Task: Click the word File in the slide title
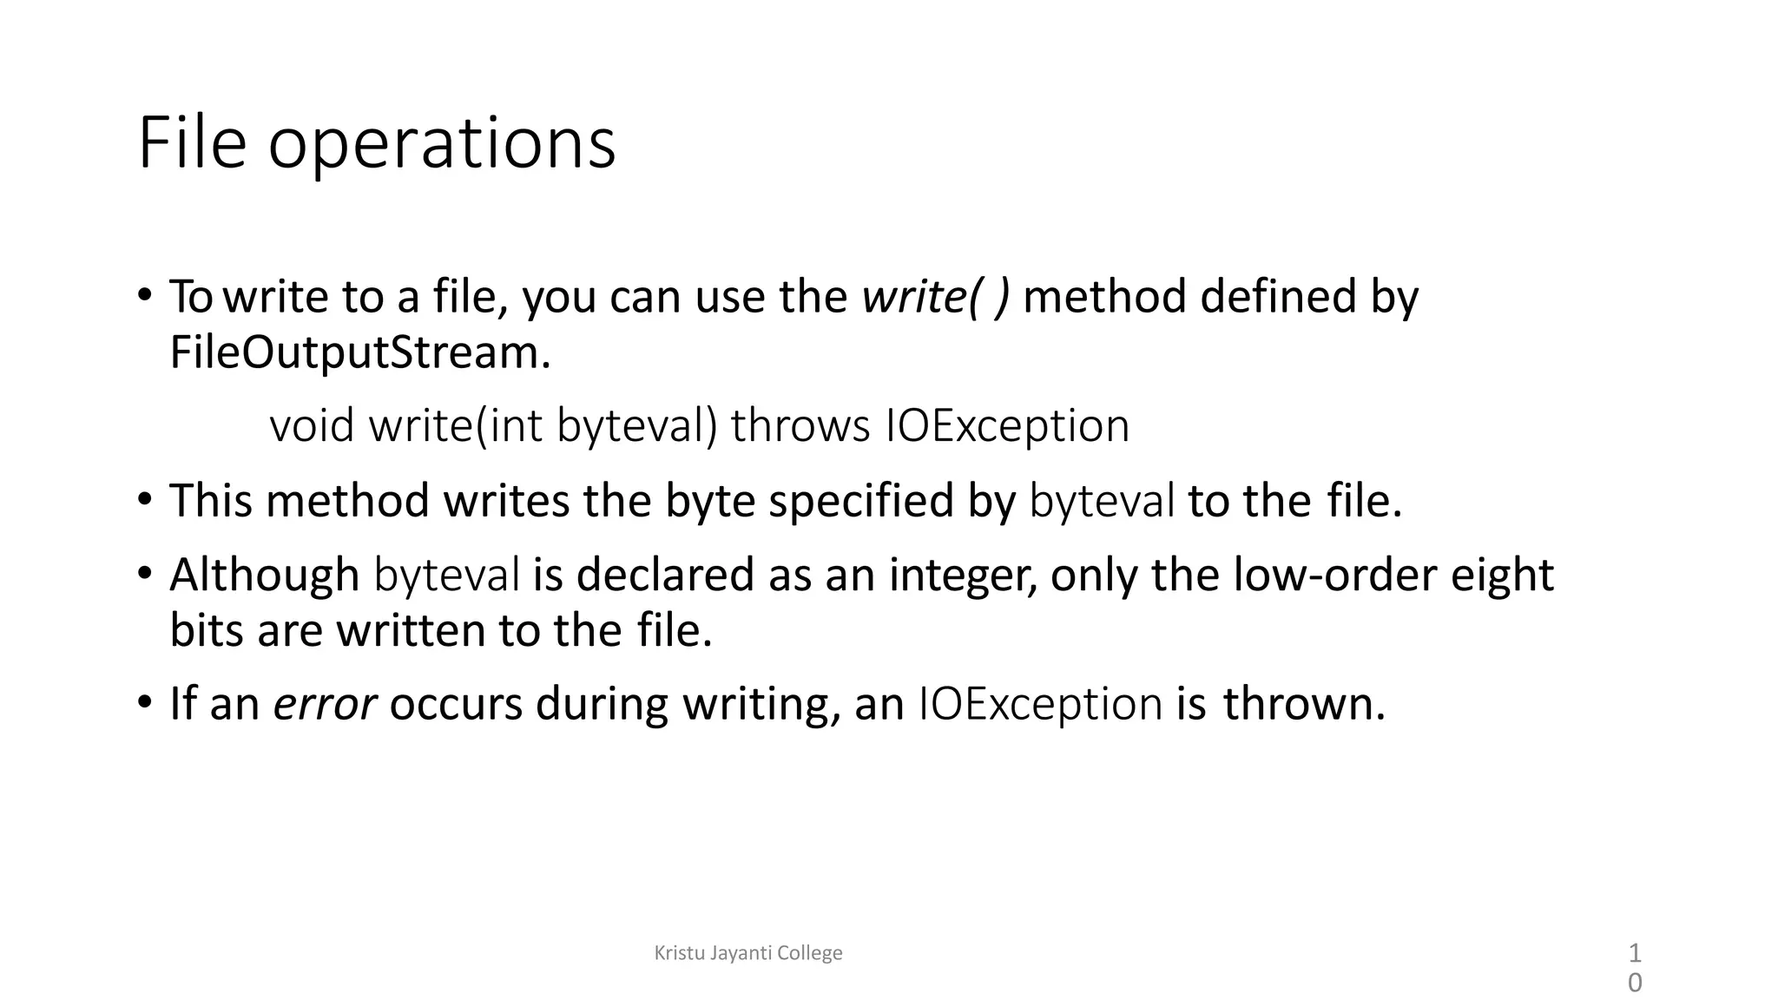click(192, 143)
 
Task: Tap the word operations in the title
click(441, 146)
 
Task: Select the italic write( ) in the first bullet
click(936, 297)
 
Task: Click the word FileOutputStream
click(359, 352)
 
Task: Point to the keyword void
click(312, 426)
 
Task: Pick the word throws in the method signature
click(800, 426)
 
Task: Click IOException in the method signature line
click(1007, 426)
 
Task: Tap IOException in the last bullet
click(1040, 703)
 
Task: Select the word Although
click(264, 575)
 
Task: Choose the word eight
click(1502, 576)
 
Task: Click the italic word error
click(325, 704)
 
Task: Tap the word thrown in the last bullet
click(1303, 703)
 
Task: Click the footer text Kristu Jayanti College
click(747, 953)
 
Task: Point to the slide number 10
click(1634, 968)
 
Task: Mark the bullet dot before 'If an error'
click(145, 701)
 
